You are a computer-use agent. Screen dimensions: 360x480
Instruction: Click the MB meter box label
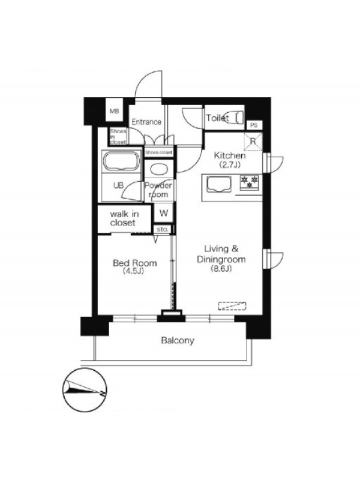pyautogui.click(x=115, y=112)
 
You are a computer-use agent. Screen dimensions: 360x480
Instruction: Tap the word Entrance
pyautogui.click(x=146, y=122)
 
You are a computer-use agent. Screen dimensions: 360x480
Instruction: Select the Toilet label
pyautogui.click(x=217, y=118)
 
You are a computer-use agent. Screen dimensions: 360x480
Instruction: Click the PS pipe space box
pyautogui.click(x=254, y=125)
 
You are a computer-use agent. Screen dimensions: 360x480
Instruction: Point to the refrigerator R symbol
pyautogui.click(x=253, y=142)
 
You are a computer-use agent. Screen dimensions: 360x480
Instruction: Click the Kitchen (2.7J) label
pyautogui.click(x=230, y=160)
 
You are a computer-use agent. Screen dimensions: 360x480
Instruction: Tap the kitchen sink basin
pyautogui.click(x=219, y=184)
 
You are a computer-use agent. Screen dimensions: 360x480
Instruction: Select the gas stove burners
pyautogui.click(x=249, y=182)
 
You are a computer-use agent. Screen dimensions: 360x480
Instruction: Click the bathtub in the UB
pyautogui.click(x=122, y=161)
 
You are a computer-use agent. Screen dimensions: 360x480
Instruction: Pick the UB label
pyautogui.click(x=118, y=185)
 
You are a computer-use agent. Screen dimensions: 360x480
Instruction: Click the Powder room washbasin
pyautogui.click(x=158, y=170)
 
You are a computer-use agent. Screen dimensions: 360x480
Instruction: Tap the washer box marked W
pyautogui.click(x=164, y=213)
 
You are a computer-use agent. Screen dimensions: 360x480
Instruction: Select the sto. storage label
pyautogui.click(x=163, y=229)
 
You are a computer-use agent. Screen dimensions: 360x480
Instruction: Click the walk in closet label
pyautogui.click(x=124, y=218)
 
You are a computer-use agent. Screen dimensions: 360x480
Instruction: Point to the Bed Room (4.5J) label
pyautogui.click(x=134, y=266)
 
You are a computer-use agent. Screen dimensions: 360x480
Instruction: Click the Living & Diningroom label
pyautogui.click(x=221, y=259)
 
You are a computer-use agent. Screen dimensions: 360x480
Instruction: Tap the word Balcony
pyautogui.click(x=178, y=340)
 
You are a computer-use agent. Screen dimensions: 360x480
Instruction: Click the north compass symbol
pyautogui.click(x=85, y=390)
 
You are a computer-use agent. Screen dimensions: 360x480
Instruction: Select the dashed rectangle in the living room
pyautogui.click(x=232, y=306)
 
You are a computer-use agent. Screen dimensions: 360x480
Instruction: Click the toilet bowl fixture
pyautogui.click(x=236, y=117)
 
